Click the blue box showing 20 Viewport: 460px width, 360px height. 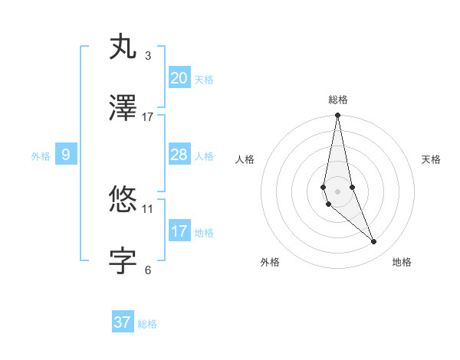coord(179,77)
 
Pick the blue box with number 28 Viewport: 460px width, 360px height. coord(179,155)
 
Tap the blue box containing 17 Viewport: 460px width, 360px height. coord(179,231)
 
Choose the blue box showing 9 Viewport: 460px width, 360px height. coord(66,155)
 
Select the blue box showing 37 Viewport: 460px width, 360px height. coord(123,322)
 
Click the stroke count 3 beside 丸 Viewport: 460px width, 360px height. coord(148,56)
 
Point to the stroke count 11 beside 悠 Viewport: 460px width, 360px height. coord(148,208)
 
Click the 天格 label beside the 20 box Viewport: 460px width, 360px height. coord(204,80)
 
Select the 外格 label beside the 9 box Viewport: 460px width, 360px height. coord(41,156)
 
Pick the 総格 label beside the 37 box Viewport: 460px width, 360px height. coord(147,324)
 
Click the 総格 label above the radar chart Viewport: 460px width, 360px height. coord(338,100)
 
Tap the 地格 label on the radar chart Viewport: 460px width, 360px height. coord(402,262)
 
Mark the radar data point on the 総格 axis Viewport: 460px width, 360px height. coord(338,116)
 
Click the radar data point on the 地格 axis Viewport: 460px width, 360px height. coord(374,242)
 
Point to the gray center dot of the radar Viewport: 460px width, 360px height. coord(338,191)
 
